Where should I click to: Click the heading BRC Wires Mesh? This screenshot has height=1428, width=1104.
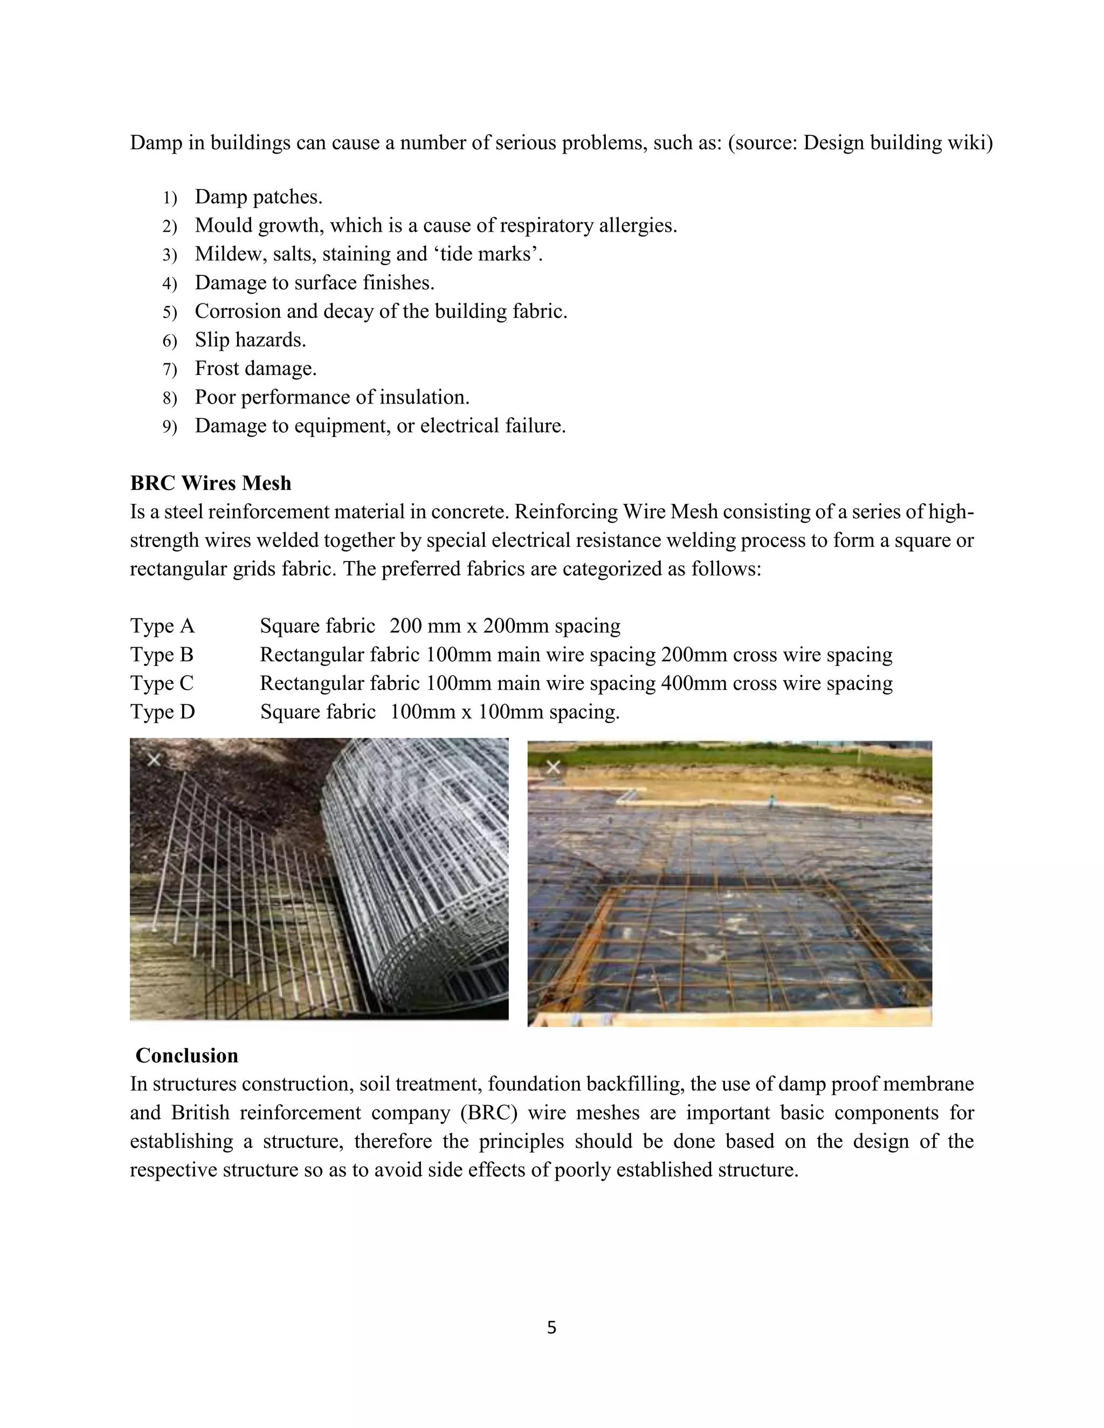tap(211, 483)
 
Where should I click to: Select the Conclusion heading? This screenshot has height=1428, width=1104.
tap(187, 1055)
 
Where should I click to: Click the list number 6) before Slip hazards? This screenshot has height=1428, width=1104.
tap(169, 341)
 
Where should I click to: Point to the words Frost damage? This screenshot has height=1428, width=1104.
tap(256, 369)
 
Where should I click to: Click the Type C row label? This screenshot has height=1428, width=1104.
tap(162, 683)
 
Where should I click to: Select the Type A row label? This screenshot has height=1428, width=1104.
tap(162, 626)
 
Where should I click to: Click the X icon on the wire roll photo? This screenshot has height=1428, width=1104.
tap(154, 760)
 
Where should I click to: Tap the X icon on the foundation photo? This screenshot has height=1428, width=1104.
tap(553, 766)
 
